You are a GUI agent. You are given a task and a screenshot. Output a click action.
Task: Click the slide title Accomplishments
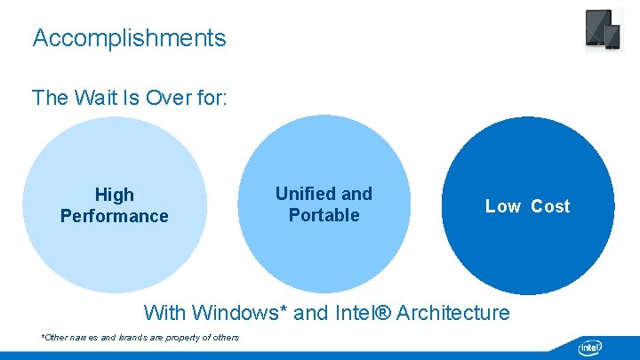[x=129, y=38]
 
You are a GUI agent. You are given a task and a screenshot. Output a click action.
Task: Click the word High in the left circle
[x=114, y=195]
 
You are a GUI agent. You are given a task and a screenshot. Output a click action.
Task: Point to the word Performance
[x=114, y=216]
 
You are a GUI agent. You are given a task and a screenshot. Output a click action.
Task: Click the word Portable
[x=324, y=215]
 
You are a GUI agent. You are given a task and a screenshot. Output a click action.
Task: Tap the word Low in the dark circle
[x=503, y=206]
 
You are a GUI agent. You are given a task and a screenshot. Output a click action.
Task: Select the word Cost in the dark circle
[x=550, y=206]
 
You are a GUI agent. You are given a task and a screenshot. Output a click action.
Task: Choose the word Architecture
[x=453, y=313]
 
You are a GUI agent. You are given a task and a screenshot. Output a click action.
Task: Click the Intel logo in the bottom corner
[x=590, y=347]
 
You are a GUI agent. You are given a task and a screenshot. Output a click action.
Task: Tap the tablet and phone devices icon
[x=603, y=30]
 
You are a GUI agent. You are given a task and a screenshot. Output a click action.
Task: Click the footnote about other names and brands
[x=140, y=338]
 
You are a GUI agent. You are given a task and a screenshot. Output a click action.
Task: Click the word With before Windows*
[x=164, y=313]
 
